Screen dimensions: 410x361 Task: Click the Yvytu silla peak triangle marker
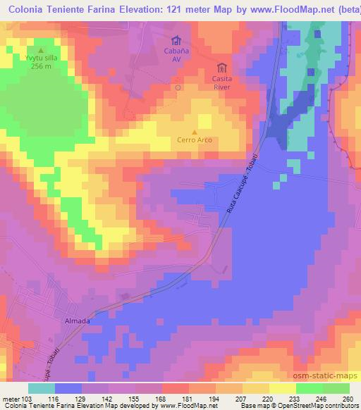click(x=40, y=50)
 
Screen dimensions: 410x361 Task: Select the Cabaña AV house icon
click(x=176, y=40)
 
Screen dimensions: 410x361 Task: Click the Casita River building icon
click(x=223, y=68)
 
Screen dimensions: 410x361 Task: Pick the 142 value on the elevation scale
click(x=108, y=399)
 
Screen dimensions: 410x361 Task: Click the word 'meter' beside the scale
click(x=10, y=399)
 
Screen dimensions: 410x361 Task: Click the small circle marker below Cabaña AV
click(x=178, y=88)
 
